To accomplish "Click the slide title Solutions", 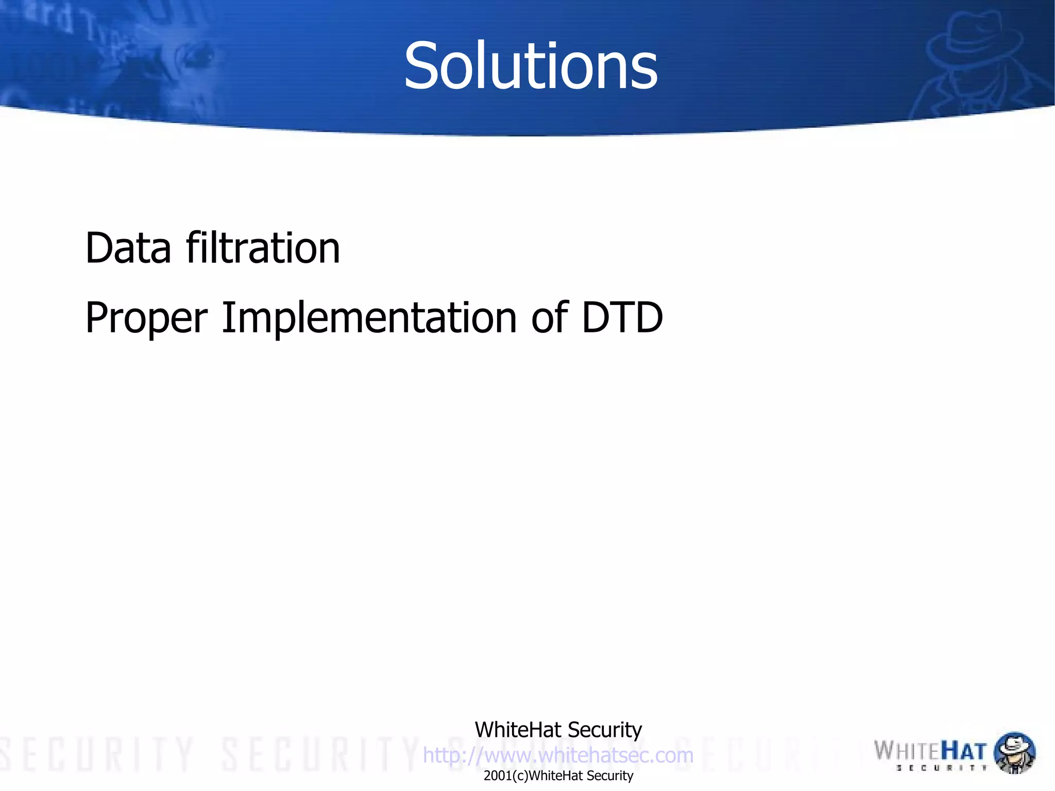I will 531,66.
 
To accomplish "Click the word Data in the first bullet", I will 128,248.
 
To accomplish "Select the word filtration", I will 263,248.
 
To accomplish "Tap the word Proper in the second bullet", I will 146,318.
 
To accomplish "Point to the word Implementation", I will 369,317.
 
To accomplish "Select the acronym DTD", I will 622,317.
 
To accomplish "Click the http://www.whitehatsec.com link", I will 558,755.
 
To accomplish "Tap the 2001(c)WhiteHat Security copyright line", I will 558,776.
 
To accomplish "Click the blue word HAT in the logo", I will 964,751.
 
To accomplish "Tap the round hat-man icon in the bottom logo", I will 1014,752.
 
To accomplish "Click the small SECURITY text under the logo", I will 942,768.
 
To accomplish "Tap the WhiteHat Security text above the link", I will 558,730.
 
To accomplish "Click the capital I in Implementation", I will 227,317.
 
